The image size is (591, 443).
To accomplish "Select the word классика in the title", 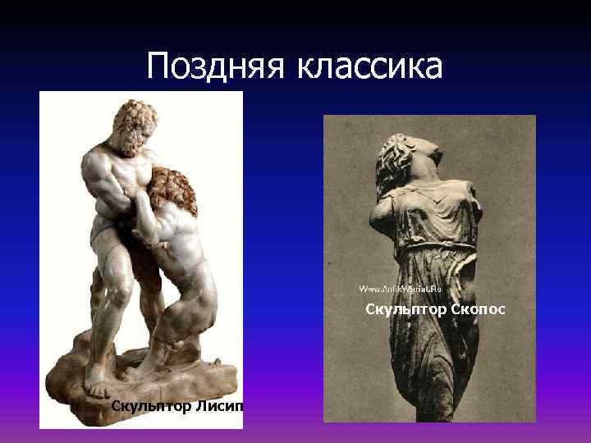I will [373, 65].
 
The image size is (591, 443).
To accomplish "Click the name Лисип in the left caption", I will [218, 406].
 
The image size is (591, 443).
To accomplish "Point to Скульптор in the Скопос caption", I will [404, 309].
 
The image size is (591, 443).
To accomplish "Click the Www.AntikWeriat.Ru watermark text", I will [400, 290].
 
